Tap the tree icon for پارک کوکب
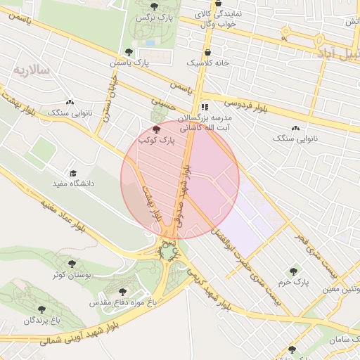click(155, 129)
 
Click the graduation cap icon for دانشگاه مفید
click(72, 173)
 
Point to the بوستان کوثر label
click(69, 274)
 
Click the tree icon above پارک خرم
click(292, 271)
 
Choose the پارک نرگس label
click(155, 16)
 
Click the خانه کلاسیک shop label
click(208, 63)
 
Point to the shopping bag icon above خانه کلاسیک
click(208, 51)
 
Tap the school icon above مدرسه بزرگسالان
click(204, 106)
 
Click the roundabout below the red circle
click(169, 251)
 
